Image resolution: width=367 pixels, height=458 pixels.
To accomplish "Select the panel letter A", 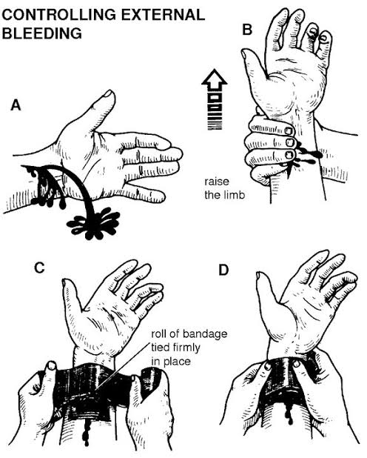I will point(15,105).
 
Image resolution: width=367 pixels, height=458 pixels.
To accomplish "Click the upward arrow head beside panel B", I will point(215,80).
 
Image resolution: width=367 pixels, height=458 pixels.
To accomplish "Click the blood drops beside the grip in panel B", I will point(309,154).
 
